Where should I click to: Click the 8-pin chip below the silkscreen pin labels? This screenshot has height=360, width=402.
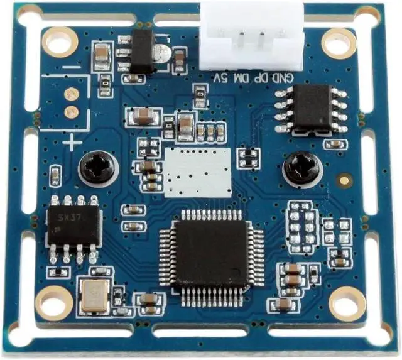click(312, 108)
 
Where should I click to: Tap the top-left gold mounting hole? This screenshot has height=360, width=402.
click(60, 40)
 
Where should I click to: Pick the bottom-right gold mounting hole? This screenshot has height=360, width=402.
click(347, 303)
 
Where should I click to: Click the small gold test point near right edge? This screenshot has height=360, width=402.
click(344, 181)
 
